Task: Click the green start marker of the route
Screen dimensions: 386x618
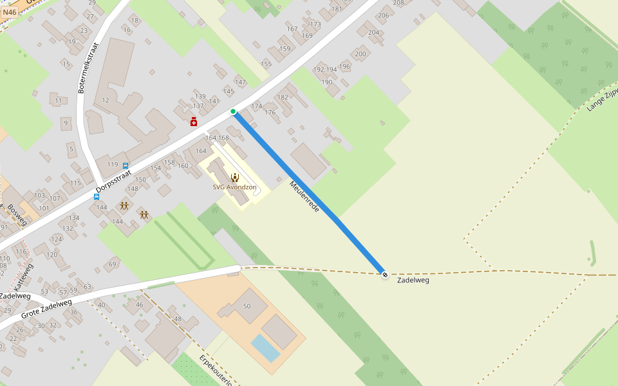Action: click(x=233, y=112)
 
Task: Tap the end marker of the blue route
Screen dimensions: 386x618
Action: click(x=385, y=275)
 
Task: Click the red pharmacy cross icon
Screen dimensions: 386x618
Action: click(x=194, y=122)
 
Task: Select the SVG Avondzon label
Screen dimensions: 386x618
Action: click(x=234, y=188)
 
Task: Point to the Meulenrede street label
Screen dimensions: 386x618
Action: click(x=304, y=197)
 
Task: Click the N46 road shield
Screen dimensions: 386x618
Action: click(x=10, y=12)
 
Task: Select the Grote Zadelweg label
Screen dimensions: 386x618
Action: click(x=46, y=309)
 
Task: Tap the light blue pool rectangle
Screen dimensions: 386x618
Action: click(x=265, y=348)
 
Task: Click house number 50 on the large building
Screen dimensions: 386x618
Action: click(x=247, y=306)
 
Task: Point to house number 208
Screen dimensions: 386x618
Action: click(x=398, y=3)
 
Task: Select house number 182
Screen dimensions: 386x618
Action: click(x=283, y=98)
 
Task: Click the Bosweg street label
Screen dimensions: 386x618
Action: click(x=17, y=216)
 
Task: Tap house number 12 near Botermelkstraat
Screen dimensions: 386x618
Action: click(x=106, y=100)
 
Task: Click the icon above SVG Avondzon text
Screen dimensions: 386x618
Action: click(x=234, y=177)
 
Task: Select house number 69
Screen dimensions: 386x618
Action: click(x=113, y=264)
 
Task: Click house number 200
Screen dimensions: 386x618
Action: click(x=360, y=55)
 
